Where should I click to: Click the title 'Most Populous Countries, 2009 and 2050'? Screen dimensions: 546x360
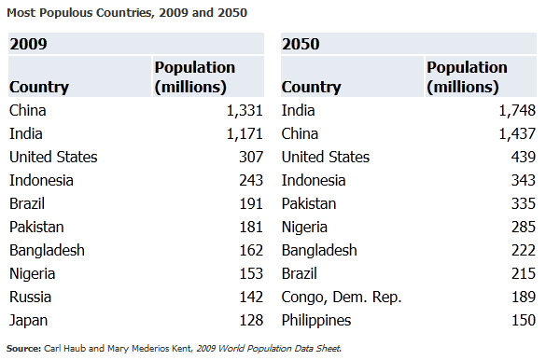click(x=127, y=13)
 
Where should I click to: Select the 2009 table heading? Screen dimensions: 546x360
click(x=28, y=44)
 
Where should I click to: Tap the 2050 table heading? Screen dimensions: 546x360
click(x=301, y=44)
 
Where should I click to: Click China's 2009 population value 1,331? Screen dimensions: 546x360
click(x=245, y=111)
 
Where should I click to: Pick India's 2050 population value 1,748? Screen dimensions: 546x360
click(x=517, y=111)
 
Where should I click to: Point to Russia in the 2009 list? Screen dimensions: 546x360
click(x=30, y=297)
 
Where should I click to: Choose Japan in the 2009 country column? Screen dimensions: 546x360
click(x=28, y=321)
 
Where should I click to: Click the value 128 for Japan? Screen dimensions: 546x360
click(x=251, y=320)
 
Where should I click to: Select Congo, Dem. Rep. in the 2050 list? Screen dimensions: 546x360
click(x=342, y=298)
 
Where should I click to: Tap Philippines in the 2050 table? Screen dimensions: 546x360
click(x=316, y=321)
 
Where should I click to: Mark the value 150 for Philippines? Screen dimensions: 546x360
click(x=524, y=320)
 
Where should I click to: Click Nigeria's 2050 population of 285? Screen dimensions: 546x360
click(x=524, y=228)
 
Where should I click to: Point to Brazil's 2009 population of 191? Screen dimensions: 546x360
click(x=251, y=204)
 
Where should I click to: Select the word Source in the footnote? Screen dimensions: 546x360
click(x=23, y=349)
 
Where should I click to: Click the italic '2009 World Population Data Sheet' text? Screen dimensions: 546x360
click(x=269, y=349)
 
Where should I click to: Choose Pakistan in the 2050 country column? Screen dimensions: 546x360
click(x=309, y=204)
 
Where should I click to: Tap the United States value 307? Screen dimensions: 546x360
click(x=251, y=158)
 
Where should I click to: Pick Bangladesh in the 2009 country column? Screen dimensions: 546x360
click(x=47, y=251)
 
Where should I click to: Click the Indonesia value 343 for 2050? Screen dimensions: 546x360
click(x=524, y=181)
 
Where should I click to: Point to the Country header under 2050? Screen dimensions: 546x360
click(x=312, y=87)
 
